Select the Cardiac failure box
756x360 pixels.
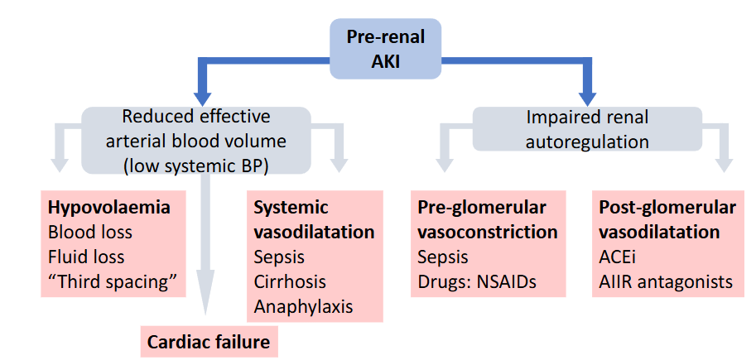pyautogui.click(x=208, y=340)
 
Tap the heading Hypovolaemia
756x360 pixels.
pyautogui.click(x=109, y=208)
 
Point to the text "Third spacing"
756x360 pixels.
pyautogui.click(x=113, y=281)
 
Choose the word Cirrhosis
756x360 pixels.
pyautogui.click(x=290, y=281)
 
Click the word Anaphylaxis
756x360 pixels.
pyautogui.click(x=303, y=306)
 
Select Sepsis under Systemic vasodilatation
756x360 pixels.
pyautogui.click(x=279, y=257)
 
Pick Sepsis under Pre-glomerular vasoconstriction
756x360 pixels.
pyautogui.click(x=443, y=257)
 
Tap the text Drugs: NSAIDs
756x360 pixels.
pyautogui.click(x=477, y=281)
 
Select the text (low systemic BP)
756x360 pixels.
pyautogui.click(x=195, y=165)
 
